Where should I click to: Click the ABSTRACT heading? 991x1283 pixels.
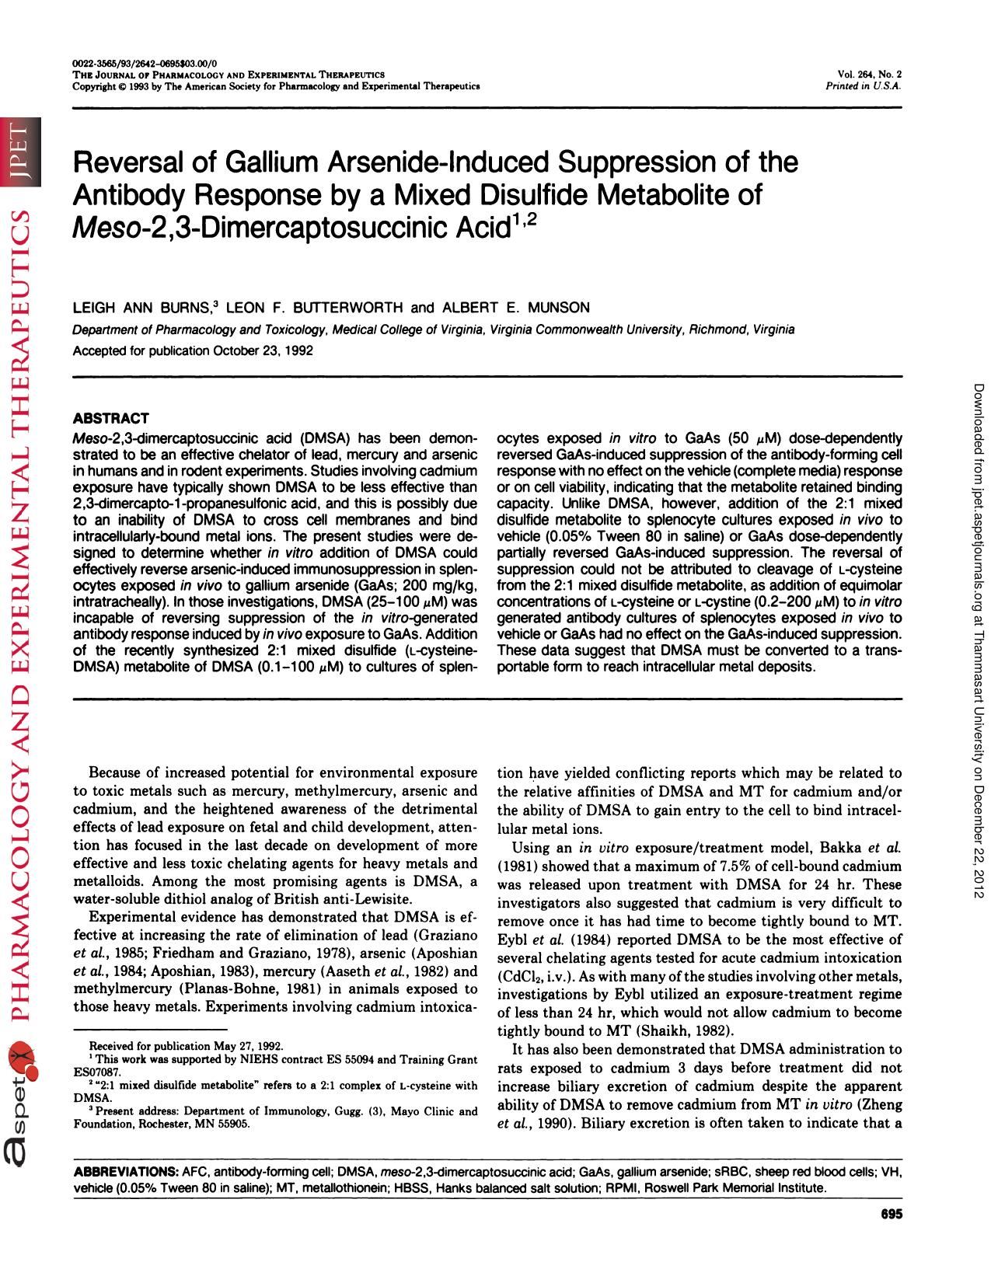pyautogui.click(x=110, y=418)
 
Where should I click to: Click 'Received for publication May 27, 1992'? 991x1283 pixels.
pyautogui.click(x=186, y=1046)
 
